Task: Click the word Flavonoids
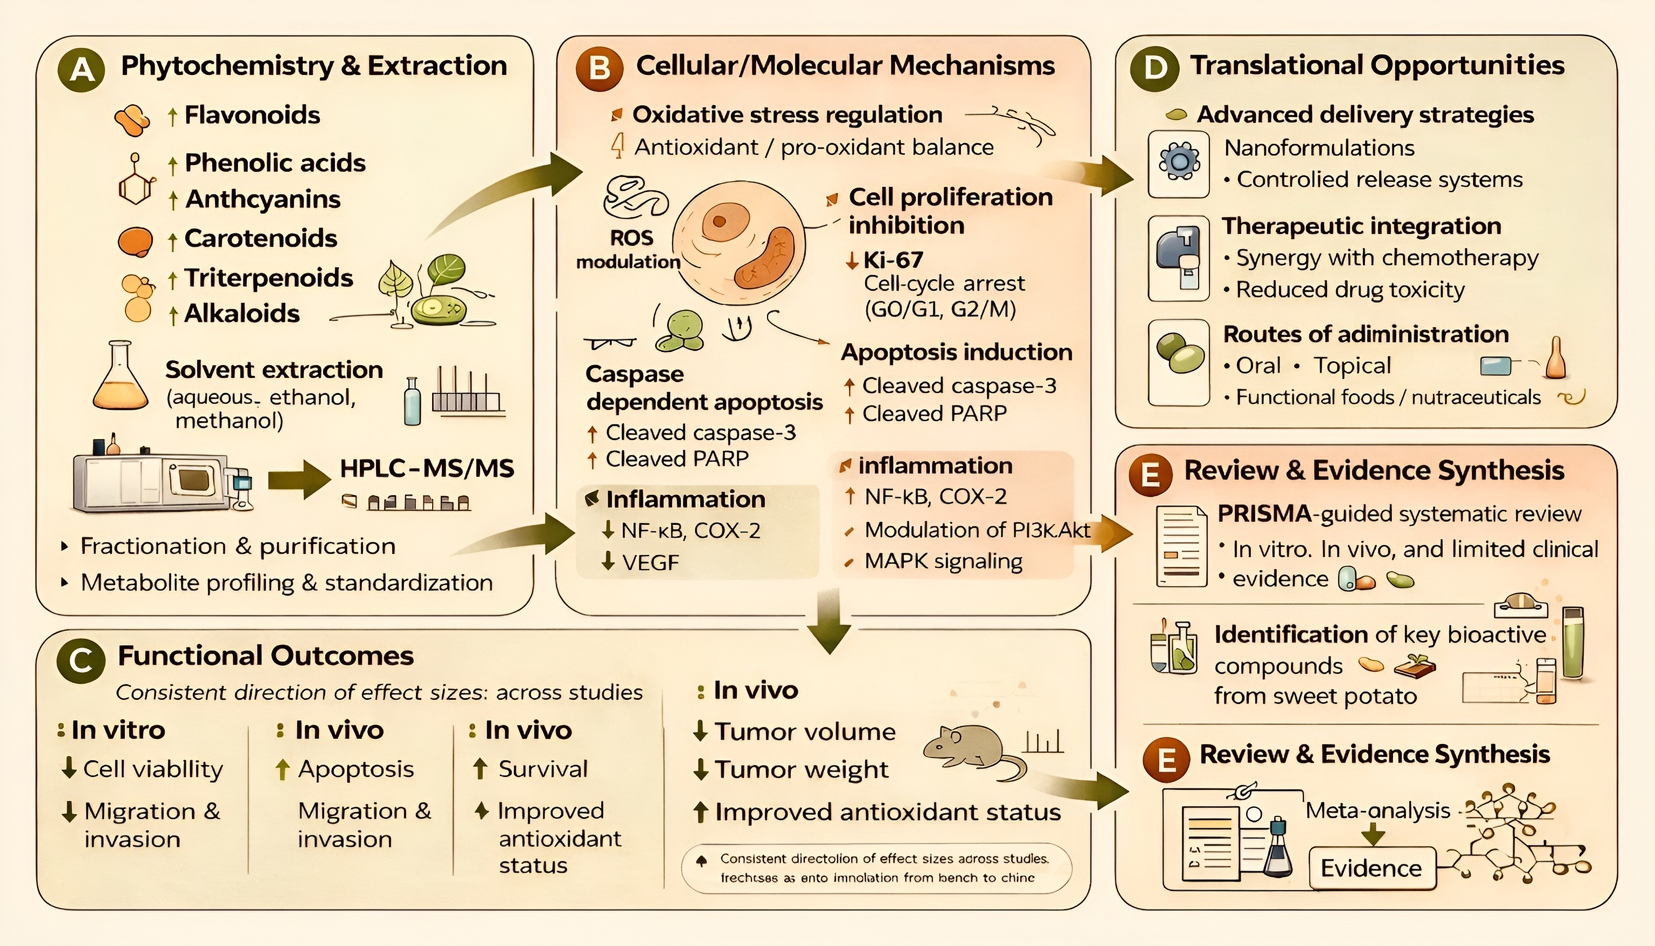click(x=252, y=115)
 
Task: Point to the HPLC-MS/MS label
click(x=427, y=469)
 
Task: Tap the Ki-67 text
click(x=893, y=260)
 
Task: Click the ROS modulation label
click(x=629, y=249)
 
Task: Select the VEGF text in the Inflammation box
click(x=650, y=562)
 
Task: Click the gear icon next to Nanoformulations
click(x=1178, y=163)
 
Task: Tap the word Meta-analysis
click(x=1377, y=810)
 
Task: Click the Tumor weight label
click(x=800, y=770)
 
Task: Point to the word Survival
click(x=542, y=769)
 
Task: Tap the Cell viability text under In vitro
click(x=153, y=769)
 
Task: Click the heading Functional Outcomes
click(x=265, y=656)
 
